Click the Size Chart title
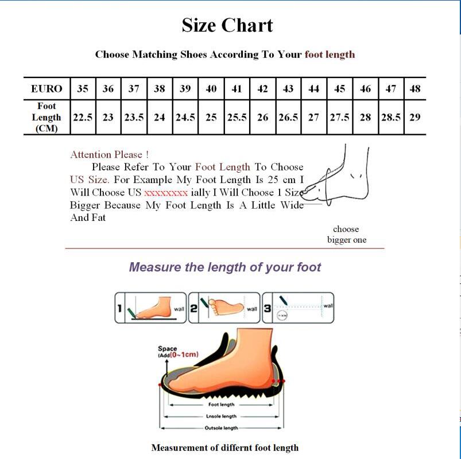[227, 25]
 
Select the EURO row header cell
[47, 89]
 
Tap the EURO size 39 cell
[185, 89]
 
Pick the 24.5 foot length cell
[185, 117]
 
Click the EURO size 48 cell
[415, 89]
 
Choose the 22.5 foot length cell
[83, 117]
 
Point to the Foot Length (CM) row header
[47, 117]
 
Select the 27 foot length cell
[313, 117]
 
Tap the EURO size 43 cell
[288, 89]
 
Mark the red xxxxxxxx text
[166, 193]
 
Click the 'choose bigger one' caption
[346, 234]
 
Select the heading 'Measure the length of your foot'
[225, 267]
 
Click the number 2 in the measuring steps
[194, 309]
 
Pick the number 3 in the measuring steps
[268, 309]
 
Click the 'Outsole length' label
[221, 428]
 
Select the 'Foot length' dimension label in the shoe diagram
[221, 404]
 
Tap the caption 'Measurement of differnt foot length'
[224, 448]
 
